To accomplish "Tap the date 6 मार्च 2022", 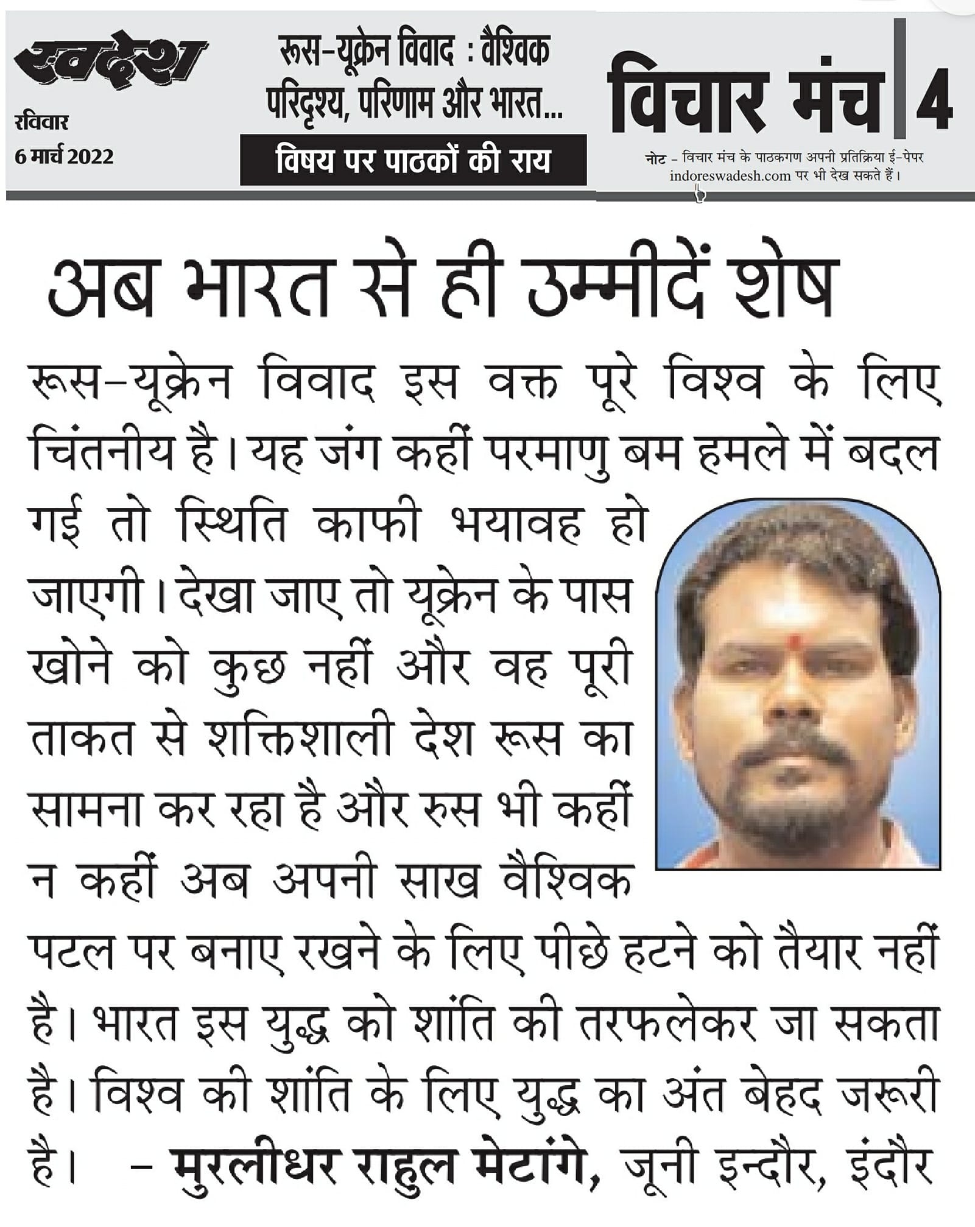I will (x=65, y=157).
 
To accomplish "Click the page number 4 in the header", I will (x=933, y=99).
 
